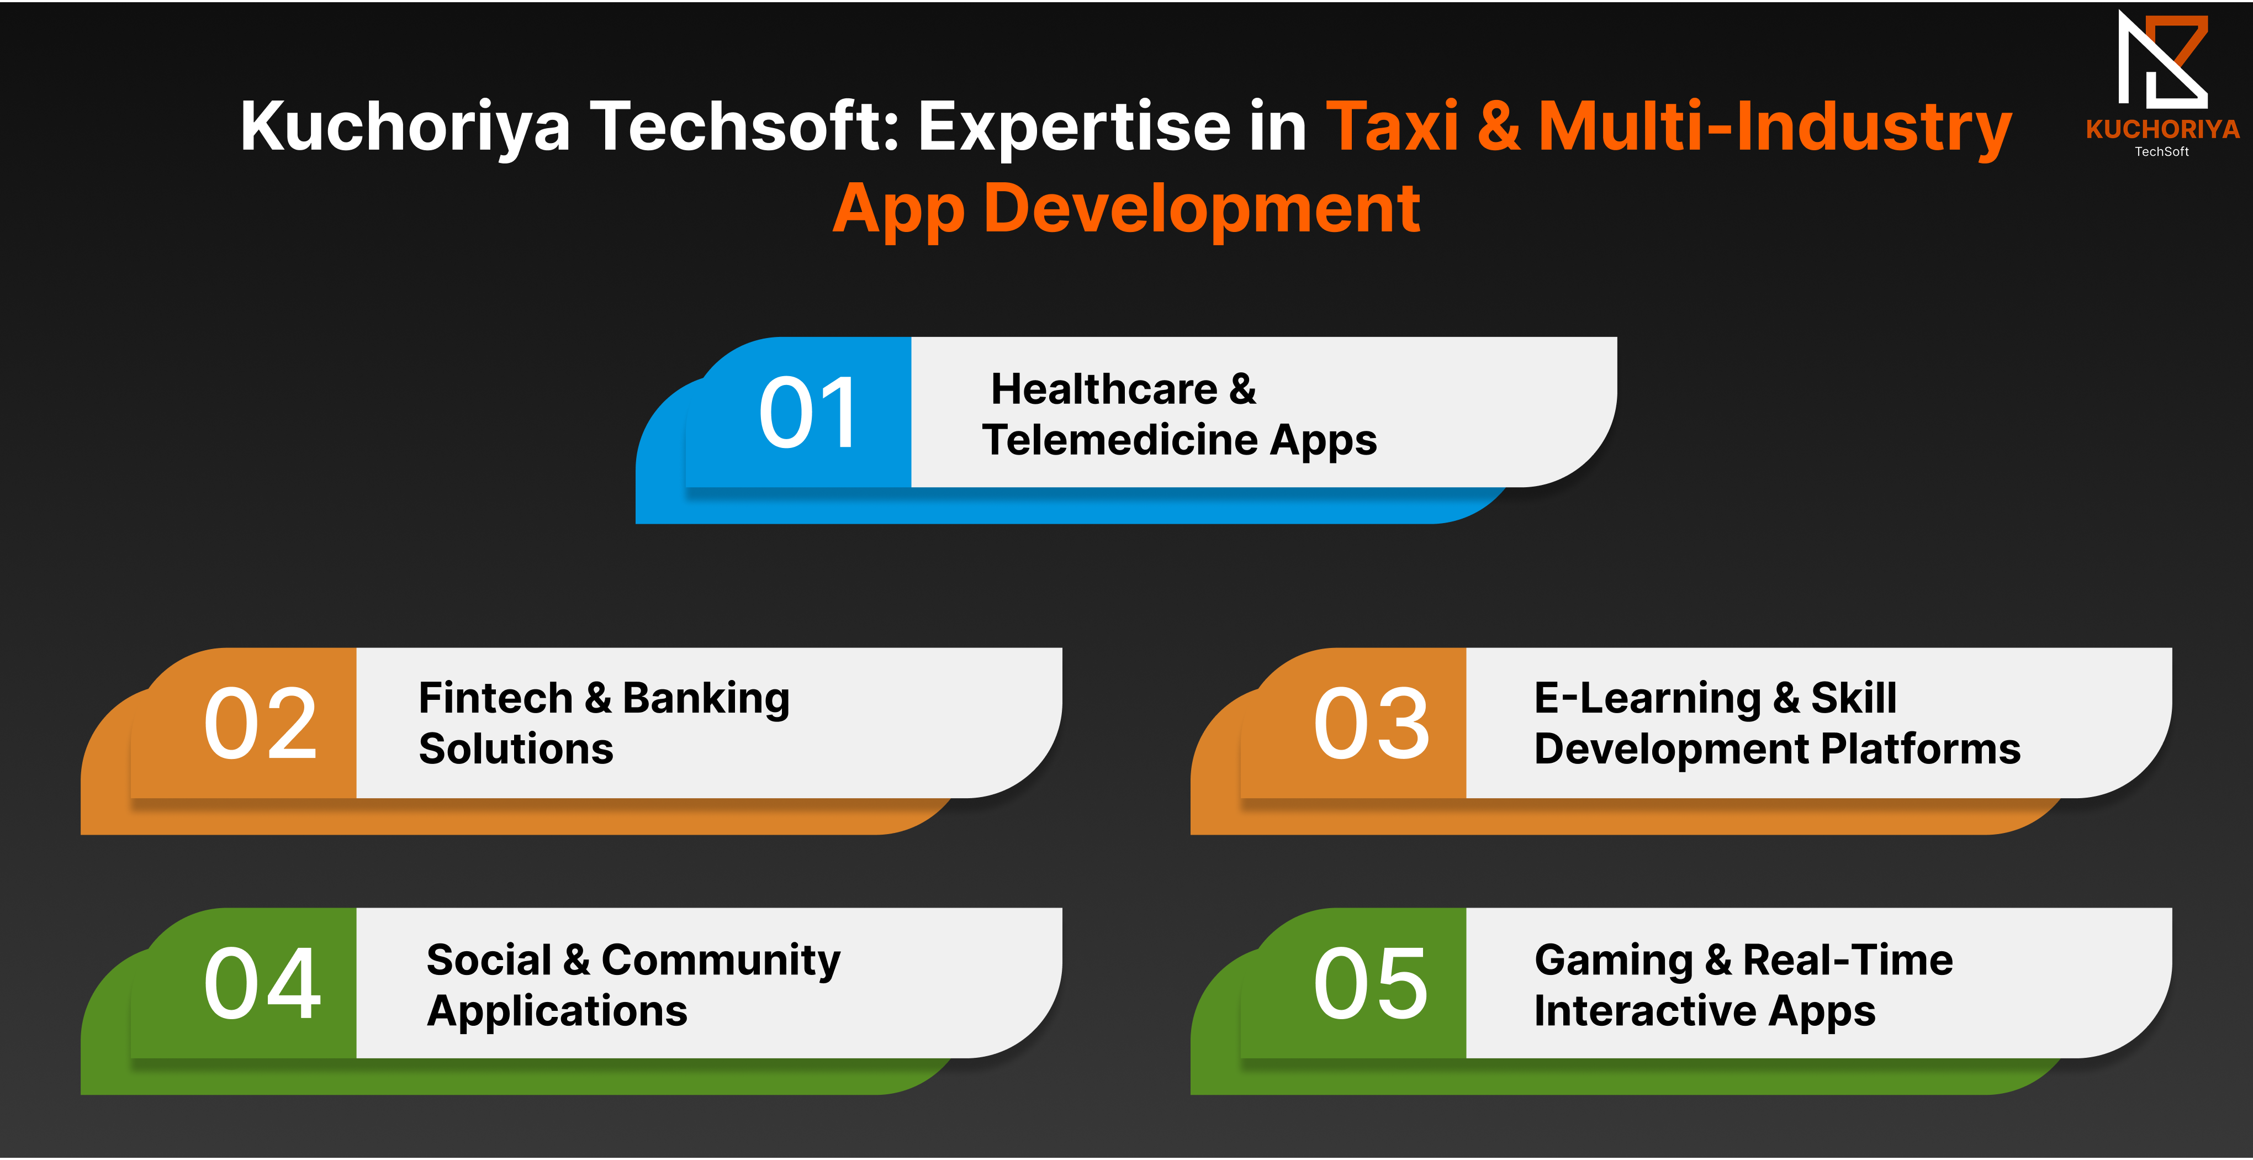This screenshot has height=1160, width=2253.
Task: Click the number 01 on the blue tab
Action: (808, 412)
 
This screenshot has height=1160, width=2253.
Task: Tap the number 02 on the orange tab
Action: (261, 724)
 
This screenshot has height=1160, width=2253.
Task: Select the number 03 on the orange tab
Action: (1371, 724)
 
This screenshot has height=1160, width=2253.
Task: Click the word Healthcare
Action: (1104, 389)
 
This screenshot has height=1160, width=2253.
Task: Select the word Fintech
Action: (495, 698)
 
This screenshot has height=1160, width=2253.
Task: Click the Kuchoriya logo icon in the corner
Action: (2162, 60)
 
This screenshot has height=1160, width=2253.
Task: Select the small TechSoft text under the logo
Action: (2162, 151)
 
